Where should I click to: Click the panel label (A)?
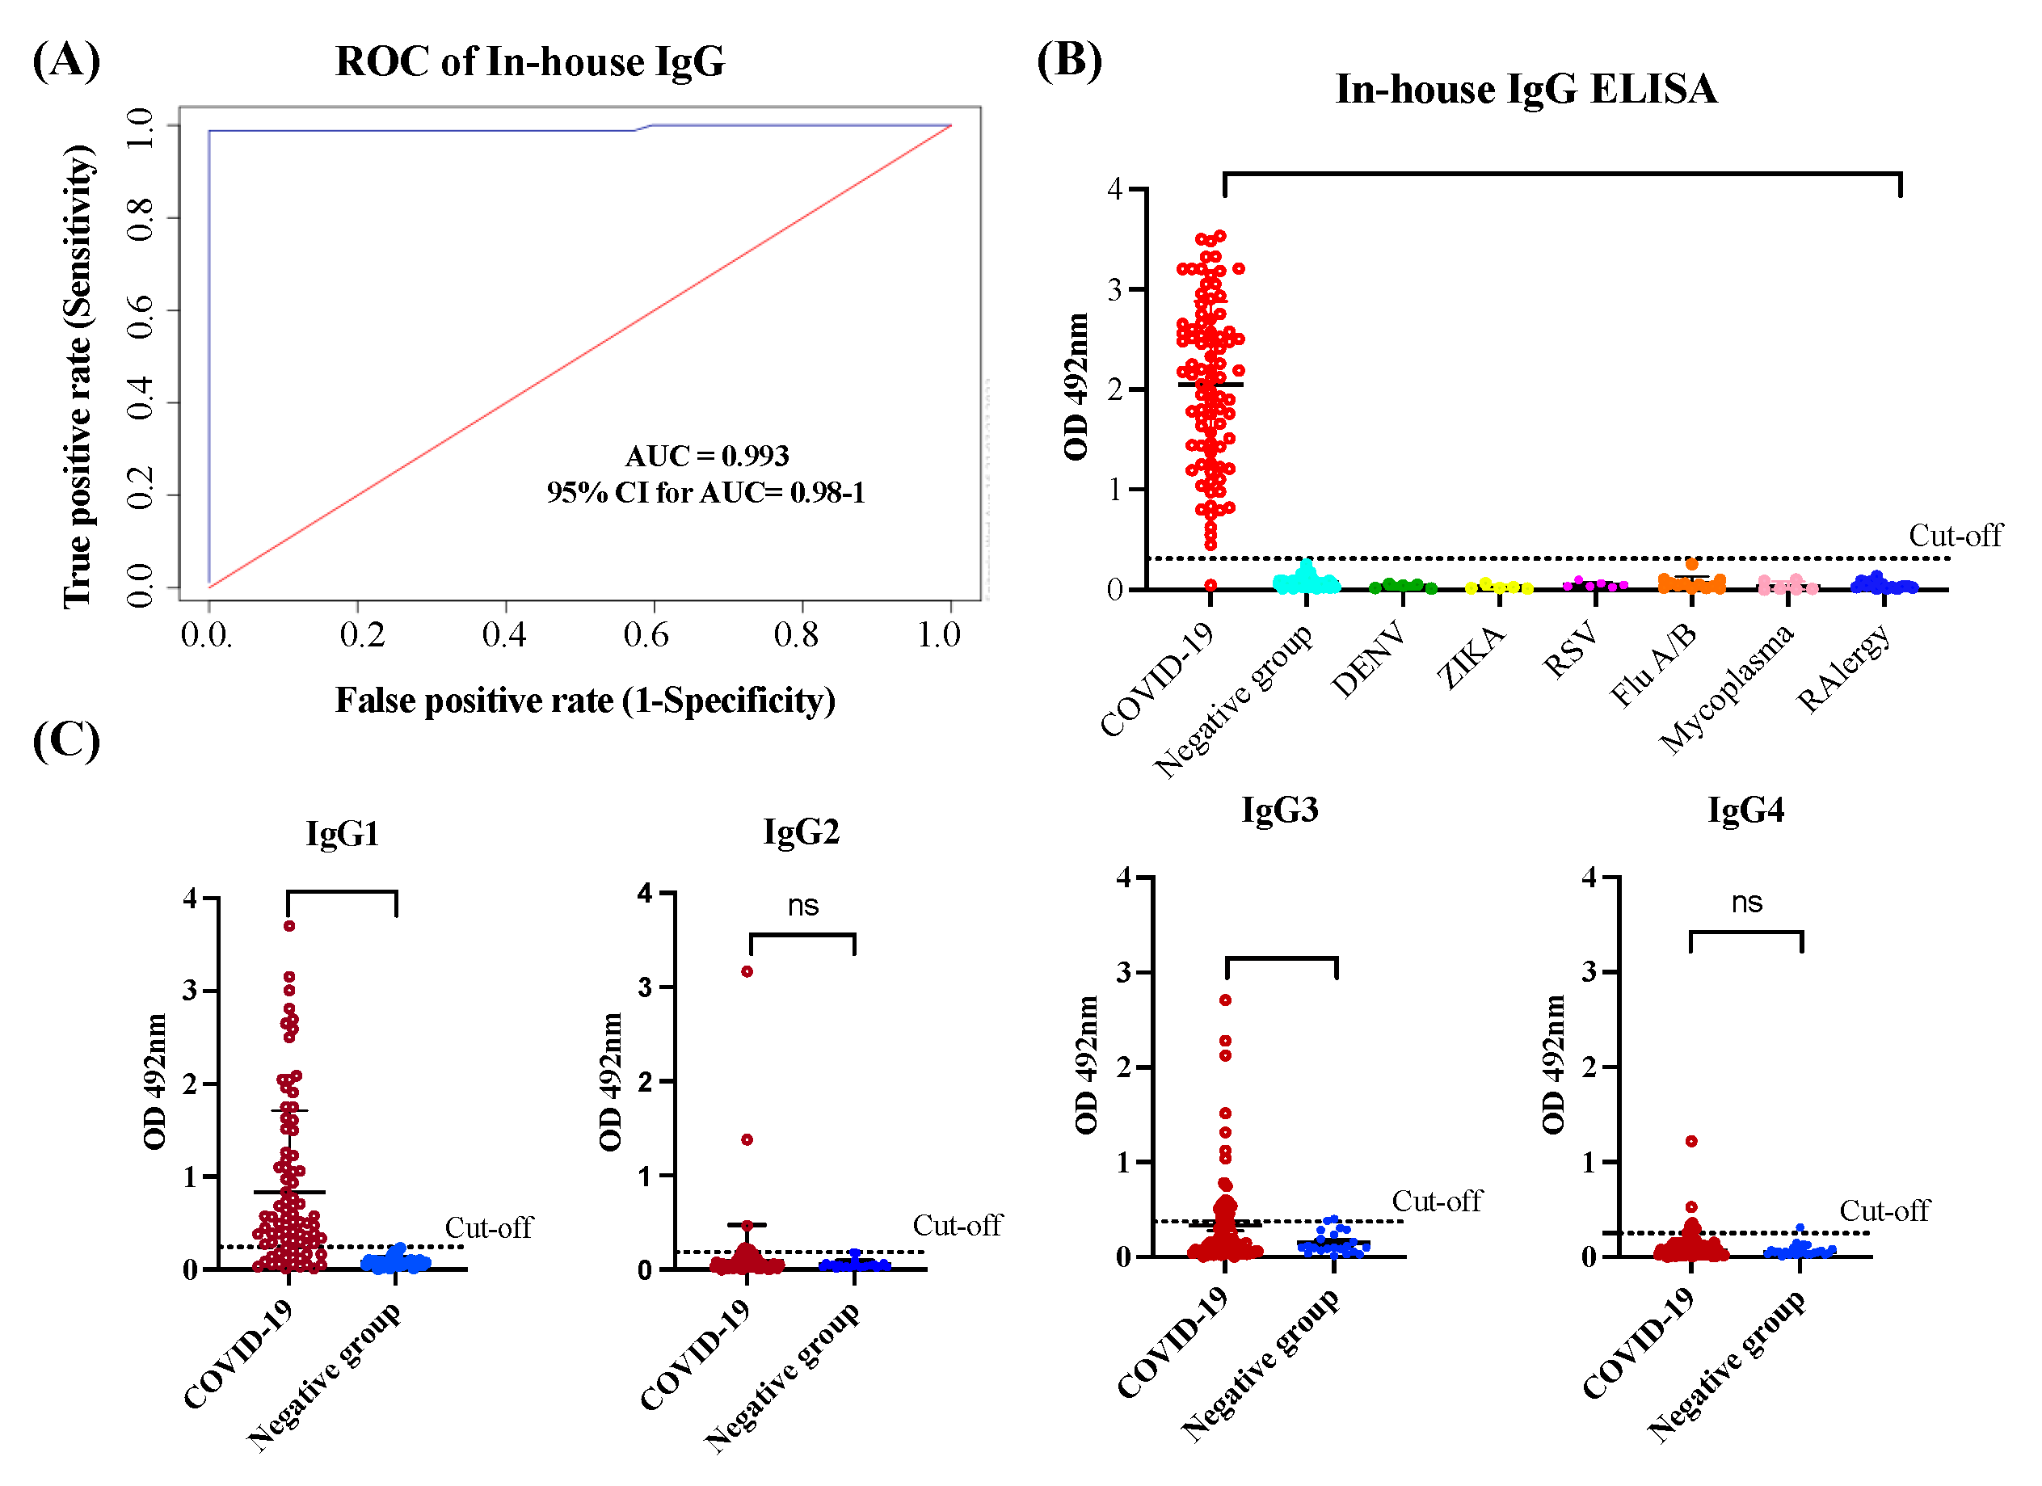[65, 61]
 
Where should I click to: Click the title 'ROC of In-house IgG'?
[529, 62]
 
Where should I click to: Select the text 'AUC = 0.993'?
[707, 457]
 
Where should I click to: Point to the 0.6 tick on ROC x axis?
[647, 635]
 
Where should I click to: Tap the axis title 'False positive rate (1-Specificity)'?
[585, 701]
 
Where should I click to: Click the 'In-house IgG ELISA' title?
[1526, 89]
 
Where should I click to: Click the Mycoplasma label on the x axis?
[1726, 689]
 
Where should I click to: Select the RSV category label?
[1571, 650]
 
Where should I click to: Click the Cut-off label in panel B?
[1956, 537]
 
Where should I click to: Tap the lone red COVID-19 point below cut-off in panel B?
[1211, 586]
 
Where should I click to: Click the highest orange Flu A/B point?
[1692, 564]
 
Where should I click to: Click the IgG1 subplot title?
[342, 833]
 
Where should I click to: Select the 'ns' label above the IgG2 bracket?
[803, 906]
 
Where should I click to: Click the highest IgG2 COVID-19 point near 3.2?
[747, 972]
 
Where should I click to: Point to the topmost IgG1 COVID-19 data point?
[289, 926]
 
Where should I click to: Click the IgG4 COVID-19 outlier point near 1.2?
[1692, 1141]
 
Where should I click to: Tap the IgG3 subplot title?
[1279, 810]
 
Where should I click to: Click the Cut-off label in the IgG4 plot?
[1884, 1211]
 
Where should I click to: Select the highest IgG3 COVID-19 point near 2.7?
[1225, 1000]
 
